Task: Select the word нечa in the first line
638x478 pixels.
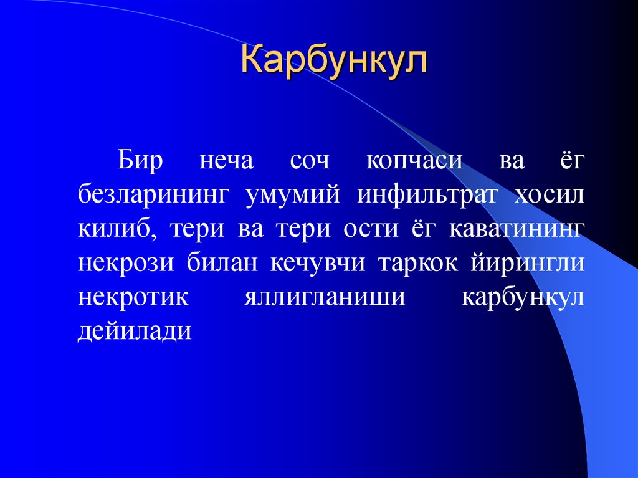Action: [226, 160]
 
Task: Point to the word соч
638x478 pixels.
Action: [310, 160]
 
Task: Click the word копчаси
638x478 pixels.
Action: [414, 160]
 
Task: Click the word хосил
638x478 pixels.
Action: [550, 194]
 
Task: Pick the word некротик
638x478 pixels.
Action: [133, 297]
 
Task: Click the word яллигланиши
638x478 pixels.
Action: [324, 297]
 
